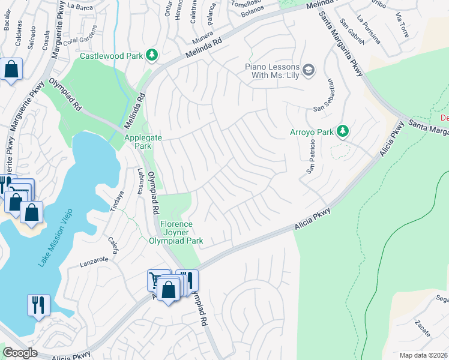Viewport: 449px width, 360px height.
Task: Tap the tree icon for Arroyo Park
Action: pyautogui.click(x=342, y=130)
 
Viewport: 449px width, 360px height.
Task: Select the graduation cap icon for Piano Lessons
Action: pyautogui.click(x=309, y=70)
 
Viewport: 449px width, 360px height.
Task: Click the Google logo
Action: pyautogui.click(x=20, y=353)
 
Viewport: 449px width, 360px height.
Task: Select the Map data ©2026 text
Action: pyautogui.click(x=424, y=355)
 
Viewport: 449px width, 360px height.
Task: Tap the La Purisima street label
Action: pyautogui.click(x=368, y=31)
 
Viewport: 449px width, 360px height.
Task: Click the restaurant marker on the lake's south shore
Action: pyautogui.click(x=37, y=304)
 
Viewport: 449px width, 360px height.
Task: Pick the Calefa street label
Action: pyautogui.click(x=112, y=247)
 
